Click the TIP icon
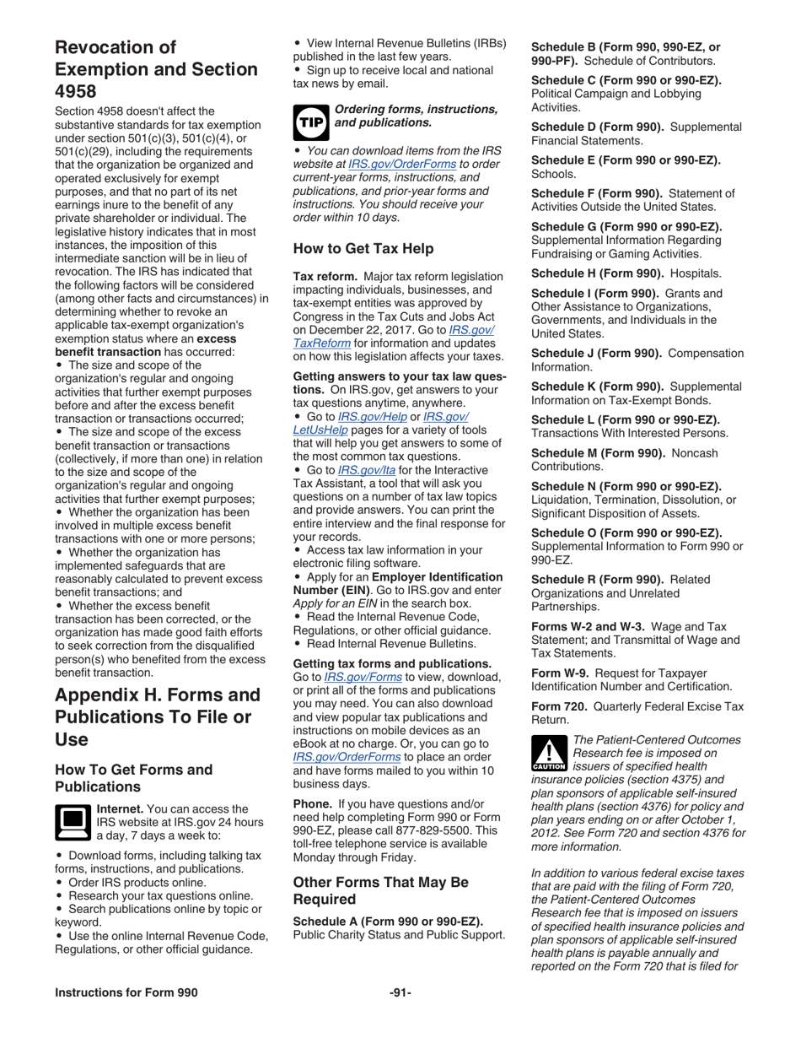[309, 120]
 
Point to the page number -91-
[400, 992]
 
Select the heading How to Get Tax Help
[363, 248]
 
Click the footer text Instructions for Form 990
[126, 992]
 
